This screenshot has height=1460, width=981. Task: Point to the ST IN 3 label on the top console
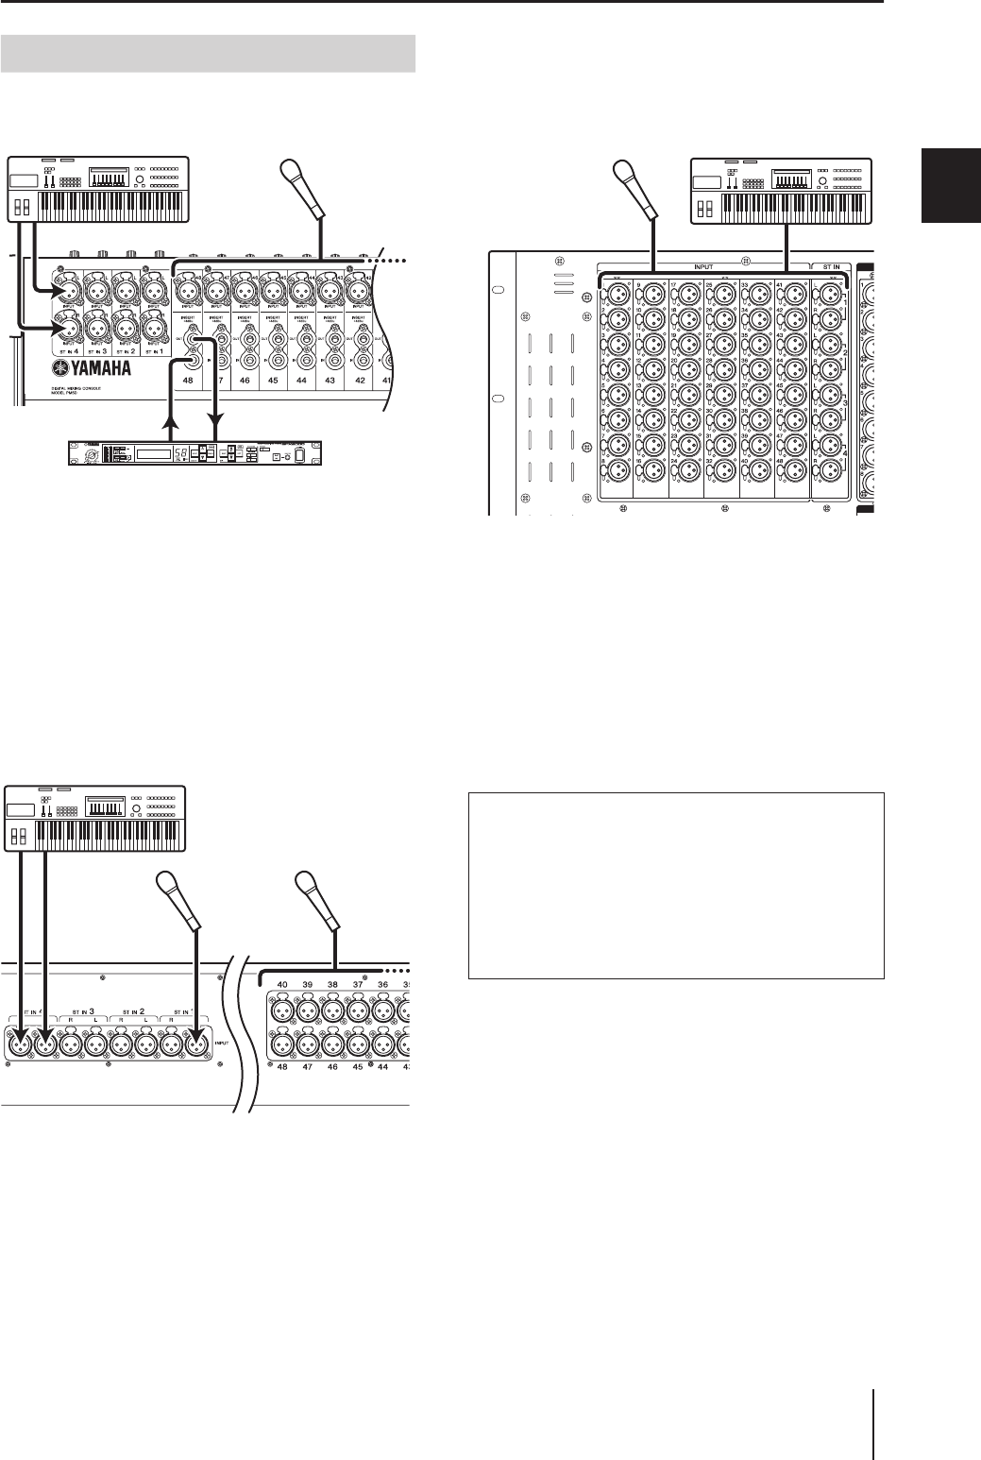[x=99, y=351]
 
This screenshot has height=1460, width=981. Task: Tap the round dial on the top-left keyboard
[x=138, y=179]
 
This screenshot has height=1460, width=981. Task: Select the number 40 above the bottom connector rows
[x=281, y=985]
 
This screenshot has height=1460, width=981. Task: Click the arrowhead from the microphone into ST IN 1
[x=195, y=1039]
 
